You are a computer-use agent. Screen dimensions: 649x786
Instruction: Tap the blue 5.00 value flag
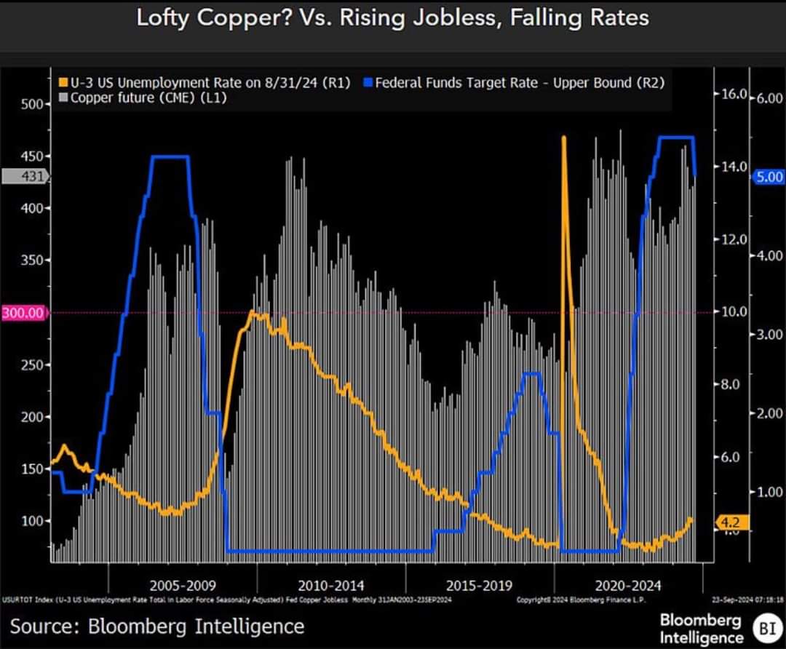769,176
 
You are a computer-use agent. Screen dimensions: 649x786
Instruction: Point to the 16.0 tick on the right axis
734,95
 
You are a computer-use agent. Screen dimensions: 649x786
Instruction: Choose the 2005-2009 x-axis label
183,584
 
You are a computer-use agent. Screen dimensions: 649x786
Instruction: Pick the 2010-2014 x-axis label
331,584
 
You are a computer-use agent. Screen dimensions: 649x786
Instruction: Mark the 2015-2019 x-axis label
479,584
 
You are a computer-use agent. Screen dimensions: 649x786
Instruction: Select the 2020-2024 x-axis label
627,584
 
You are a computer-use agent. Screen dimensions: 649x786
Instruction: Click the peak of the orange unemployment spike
563,137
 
